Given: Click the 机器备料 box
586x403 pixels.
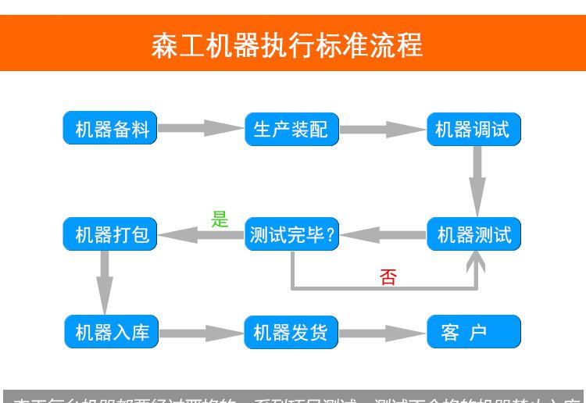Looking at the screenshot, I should pos(110,129).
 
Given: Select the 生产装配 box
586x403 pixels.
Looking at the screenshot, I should pos(291,129).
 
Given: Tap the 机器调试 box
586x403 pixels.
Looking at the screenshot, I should pos(473,129).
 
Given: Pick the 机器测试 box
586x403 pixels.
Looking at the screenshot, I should pos(473,234).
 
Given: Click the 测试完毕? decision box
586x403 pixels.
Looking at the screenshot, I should pos(291,234).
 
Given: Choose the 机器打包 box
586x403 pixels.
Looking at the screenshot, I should pos(110,234).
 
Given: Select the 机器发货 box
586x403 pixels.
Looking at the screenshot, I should pos(291,332).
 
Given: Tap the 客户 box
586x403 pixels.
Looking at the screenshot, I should pos(473,332).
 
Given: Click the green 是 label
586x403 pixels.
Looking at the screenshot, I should pos(220,219).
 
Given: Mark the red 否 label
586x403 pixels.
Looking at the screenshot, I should pos(388,276).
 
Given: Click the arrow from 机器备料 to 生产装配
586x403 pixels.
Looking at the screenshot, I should pos(201,128).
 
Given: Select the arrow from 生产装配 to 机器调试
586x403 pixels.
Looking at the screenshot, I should pos(383,129).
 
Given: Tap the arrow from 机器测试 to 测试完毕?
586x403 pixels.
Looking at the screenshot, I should pos(383,234).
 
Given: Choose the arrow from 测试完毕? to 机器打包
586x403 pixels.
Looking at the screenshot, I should pos(201,234).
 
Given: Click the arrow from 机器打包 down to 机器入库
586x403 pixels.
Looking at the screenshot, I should pos(104,281).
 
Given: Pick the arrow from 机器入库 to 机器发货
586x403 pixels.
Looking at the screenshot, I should pos(201,333).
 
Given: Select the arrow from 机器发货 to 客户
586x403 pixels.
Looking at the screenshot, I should pos(383,333).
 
